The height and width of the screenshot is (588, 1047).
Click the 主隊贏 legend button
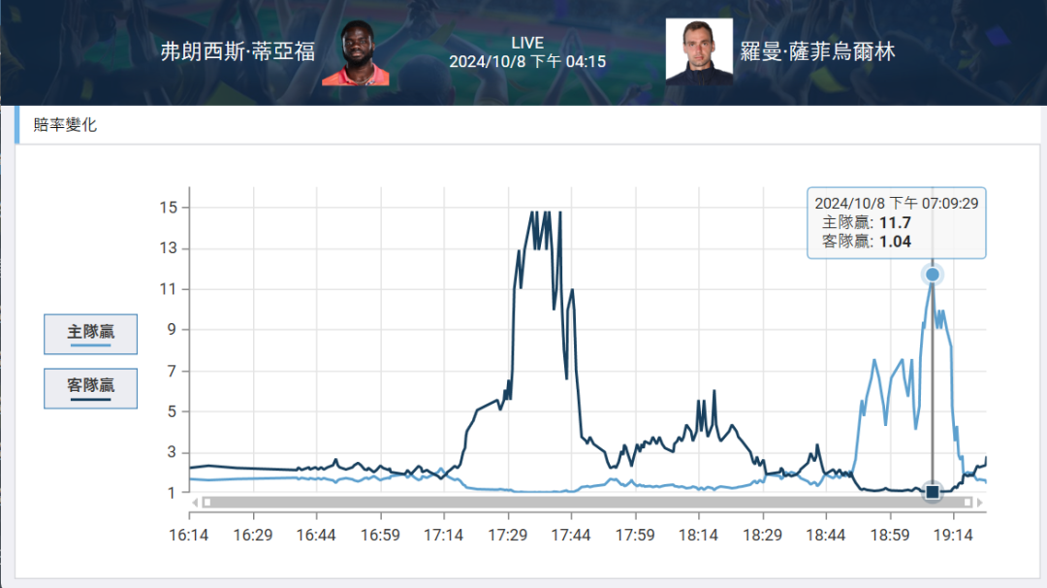90,333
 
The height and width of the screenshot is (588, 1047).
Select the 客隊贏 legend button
90,387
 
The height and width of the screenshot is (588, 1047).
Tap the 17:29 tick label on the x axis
508,535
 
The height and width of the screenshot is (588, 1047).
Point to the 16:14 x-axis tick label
189,535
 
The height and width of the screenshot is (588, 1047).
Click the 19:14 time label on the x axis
953,535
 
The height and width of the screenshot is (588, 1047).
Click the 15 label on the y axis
169,207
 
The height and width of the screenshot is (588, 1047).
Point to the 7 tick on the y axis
172,371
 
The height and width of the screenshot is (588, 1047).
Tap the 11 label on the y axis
169,289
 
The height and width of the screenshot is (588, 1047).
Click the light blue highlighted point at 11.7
933,275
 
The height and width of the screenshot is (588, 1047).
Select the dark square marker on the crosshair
933,492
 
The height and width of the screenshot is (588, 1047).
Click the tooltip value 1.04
895,242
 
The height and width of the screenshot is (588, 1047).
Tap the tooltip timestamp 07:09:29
949,204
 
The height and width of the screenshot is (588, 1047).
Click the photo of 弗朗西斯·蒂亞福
356,54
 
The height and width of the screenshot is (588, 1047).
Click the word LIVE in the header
527,44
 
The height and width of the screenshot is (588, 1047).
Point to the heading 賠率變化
65,125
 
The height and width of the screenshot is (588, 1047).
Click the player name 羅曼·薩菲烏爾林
817,51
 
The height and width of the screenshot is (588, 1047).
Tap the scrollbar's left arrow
195,503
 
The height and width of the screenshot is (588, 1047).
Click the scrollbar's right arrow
980,503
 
